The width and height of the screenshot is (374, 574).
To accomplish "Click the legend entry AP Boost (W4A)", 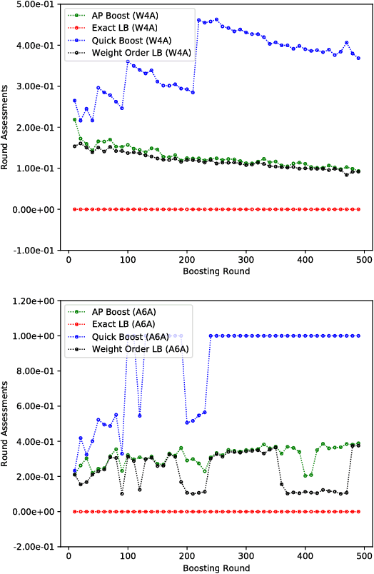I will (x=116, y=14).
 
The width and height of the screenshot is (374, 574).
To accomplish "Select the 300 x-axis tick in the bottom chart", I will (x=247, y=558).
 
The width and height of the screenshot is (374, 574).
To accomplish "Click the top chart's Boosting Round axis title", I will (x=215, y=272).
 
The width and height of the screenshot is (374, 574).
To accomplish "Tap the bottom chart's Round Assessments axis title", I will (x=6, y=424).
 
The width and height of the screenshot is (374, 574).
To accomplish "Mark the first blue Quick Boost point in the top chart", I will (x=74, y=101).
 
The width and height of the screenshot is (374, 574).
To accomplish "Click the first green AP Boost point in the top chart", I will (x=74, y=120).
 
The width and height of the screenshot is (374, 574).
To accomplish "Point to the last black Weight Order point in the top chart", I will (x=358, y=171).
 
